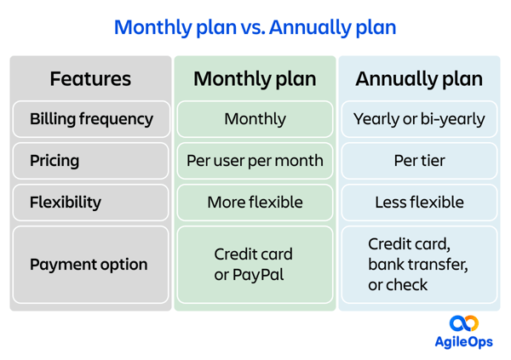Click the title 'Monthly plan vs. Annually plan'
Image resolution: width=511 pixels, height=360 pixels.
pyautogui.click(x=255, y=27)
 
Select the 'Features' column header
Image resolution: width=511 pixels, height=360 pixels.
pyautogui.click(x=90, y=79)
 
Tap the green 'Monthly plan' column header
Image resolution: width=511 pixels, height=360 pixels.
pyautogui.click(x=255, y=79)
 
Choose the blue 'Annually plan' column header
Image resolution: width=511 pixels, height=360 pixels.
pyautogui.click(x=419, y=79)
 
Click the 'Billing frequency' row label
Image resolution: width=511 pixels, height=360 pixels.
pyautogui.click(x=91, y=119)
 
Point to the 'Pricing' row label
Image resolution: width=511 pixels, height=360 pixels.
pyautogui.click(x=55, y=161)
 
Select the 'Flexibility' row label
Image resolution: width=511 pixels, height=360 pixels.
pyautogui.click(x=66, y=203)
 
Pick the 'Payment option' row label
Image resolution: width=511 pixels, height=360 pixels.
pyautogui.click(x=89, y=265)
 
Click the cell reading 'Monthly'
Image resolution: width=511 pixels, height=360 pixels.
pyautogui.click(x=255, y=119)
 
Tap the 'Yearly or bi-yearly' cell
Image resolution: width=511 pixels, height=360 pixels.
pyautogui.click(x=419, y=119)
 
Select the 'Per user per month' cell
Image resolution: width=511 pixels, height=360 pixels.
pyautogui.click(x=255, y=161)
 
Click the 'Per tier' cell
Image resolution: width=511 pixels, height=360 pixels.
pyautogui.click(x=419, y=161)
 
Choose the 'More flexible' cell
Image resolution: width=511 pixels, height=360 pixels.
pyautogui.click(x=255, y=203)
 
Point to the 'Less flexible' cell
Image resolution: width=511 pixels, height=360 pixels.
pyautogui.click(x=419, y=203)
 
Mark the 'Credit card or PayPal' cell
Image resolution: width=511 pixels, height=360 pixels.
pyautogui.click(x=254, y=265)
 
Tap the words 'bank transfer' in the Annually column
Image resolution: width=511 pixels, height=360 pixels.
pyautogui.click(x=417, y=265)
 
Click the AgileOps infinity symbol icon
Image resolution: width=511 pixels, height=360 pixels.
pyautogui.click(x=464, y=323)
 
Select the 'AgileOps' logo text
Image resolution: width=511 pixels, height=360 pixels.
pyautogui.click(x=464, y=342)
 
